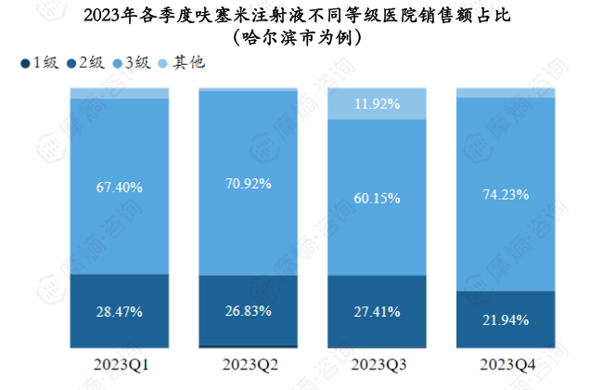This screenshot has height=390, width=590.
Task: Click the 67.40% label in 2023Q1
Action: pos(119,187)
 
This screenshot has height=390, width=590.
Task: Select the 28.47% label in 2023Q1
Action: pos(119,312)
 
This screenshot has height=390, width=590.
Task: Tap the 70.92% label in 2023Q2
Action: pos(248,183)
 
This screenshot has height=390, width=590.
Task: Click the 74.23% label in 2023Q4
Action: pos(506,194)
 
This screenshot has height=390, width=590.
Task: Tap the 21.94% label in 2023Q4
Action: pos(506,319)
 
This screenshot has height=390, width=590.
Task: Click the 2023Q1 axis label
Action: pos(119,362)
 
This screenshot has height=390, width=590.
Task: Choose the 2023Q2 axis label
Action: pos(248,362)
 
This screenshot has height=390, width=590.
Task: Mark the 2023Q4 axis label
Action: pos(506,362)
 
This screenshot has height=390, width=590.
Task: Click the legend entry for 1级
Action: pos(38,63)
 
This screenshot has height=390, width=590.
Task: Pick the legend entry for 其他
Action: pos(182,63)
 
